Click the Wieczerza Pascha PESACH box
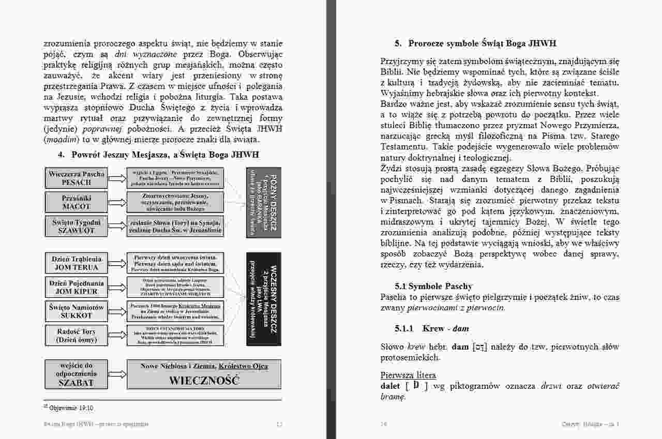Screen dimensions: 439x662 coord(77,178)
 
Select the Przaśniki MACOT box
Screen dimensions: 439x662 coord(77,202)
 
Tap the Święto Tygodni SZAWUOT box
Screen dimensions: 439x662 coord(77,226)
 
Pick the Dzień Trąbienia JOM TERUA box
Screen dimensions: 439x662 coord(77,263)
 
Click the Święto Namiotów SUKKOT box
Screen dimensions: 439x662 coord(77,311)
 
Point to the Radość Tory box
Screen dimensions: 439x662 coord(77,335)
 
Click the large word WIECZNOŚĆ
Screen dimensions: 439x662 coord(204,381)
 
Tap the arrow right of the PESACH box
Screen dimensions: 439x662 coord(117,178)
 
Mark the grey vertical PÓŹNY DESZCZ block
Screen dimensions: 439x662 coord(263,202)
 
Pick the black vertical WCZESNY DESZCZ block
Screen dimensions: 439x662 coord(263,299)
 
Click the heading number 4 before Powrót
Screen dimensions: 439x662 coord(61,155)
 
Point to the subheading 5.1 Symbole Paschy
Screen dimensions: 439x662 coord(433,286)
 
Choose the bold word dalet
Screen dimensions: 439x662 coord(391,386)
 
